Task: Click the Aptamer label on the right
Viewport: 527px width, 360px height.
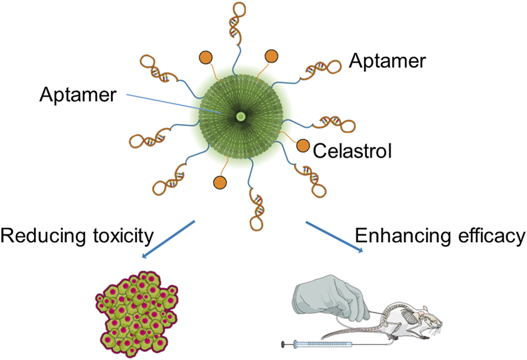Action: [387, 61]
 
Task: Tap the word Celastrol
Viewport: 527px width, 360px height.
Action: [352, 151]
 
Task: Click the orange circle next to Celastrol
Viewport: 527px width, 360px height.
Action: [303, 145]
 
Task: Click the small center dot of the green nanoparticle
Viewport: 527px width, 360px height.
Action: [241, 117]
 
